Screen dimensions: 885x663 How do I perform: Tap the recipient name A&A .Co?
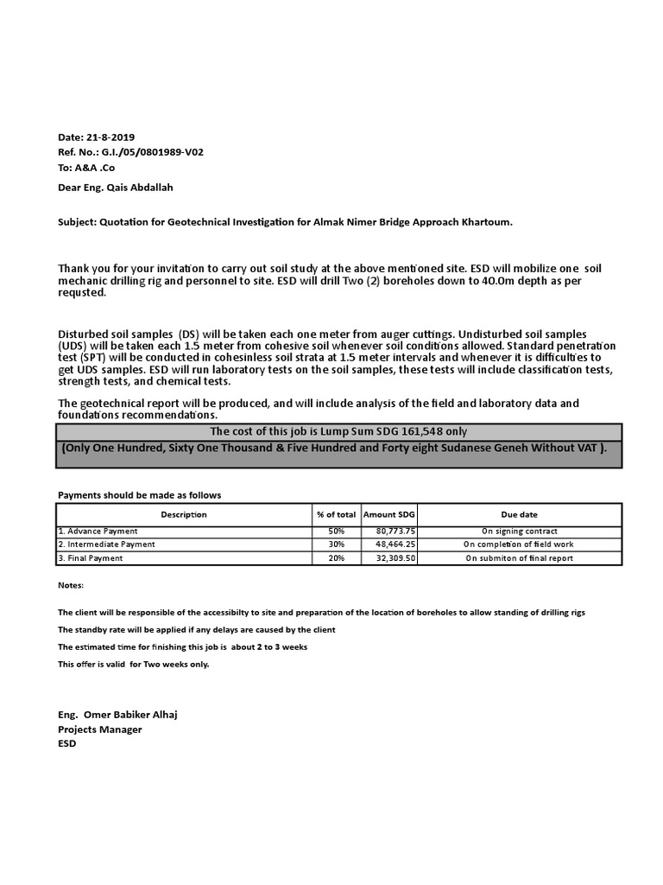(98, 168)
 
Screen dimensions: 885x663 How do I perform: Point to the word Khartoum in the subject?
(486, 222)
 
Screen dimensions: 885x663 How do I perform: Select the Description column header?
(183, 514)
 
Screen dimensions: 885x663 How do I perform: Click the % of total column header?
(337, 514)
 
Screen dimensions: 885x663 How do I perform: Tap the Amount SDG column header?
(389, 514)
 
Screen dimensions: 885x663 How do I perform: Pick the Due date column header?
(518, 514)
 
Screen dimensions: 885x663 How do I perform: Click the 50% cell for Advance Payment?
(337, 531)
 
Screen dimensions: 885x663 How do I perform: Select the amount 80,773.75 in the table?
(396, 531)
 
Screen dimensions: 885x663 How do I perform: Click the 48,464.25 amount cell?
(396, 544)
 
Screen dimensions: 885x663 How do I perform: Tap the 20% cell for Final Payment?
(337, 558)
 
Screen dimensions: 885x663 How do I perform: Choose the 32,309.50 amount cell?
(396, 558)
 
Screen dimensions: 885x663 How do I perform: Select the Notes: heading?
(71, 585)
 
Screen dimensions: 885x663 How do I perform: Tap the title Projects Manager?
(100, 729)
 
